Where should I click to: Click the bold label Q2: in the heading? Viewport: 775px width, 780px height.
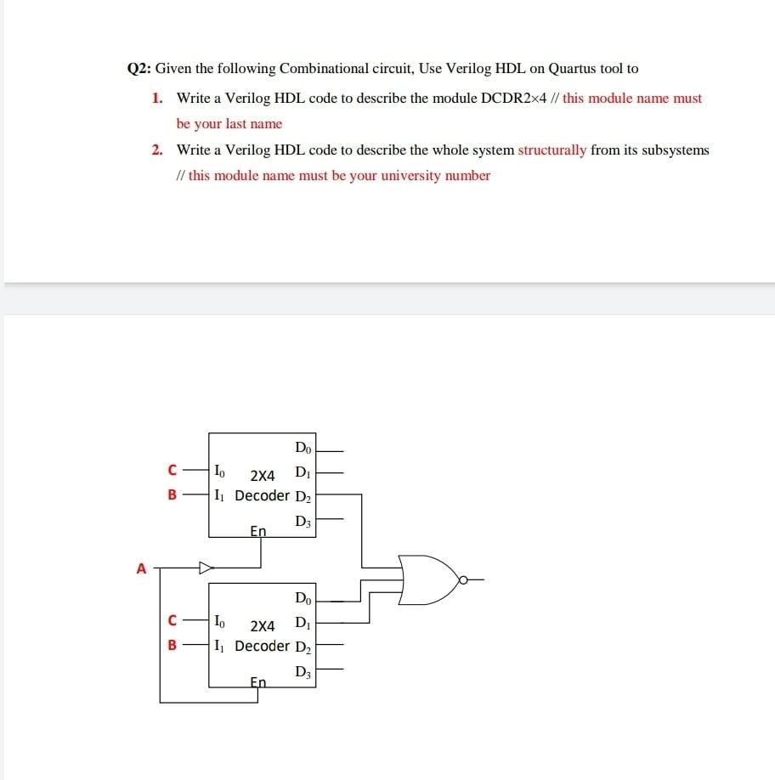click(x=139, y=69)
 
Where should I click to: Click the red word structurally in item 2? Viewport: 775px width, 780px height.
click(x=552, y=150)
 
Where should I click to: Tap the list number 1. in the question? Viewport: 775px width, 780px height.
click(x=158, y=99)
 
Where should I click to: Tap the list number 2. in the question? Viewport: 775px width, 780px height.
click(x=158, y=150)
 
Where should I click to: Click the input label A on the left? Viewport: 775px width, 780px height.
click(x=142, y=568)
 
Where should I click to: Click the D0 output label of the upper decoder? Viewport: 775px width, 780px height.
click(x=303, y=448)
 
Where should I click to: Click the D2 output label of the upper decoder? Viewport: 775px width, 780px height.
click(x=303, y=495)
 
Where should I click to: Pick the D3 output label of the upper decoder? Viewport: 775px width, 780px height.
click(x=303, y=521)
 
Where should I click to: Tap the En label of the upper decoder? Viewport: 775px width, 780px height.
click(x=258, y=531)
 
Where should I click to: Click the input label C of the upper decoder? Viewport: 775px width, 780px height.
click(x=173, y=469)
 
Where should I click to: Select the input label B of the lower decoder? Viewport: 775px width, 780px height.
click(x=173, y=645)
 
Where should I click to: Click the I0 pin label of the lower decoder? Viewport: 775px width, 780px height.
click(x=220, y=620)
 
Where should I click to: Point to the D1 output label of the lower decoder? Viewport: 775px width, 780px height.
click(x=303, y=624)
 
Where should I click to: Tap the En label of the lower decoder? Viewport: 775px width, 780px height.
click(x=258, y=681)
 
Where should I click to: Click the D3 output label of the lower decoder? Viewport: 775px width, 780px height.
click(x=303, y=673)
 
